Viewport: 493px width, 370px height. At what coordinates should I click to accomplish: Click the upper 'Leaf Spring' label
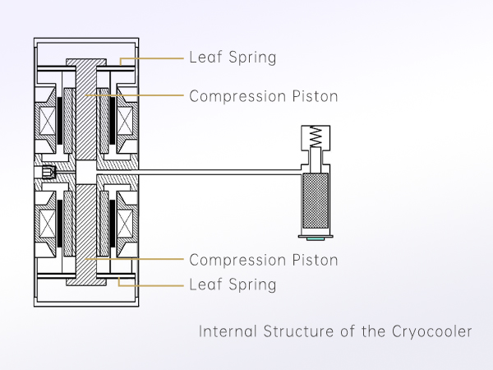[x=233, y=58]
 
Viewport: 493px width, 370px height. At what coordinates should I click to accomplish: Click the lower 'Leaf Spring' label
[x=233, y=285]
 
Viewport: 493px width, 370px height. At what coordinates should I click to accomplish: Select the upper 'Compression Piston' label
[x=264, y=95]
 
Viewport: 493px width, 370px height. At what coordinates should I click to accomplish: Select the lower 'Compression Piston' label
[x=264, y=260]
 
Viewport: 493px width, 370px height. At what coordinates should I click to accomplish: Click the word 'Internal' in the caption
[x=228, y=332]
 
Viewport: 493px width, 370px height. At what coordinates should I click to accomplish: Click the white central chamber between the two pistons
[x=86, y=172]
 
